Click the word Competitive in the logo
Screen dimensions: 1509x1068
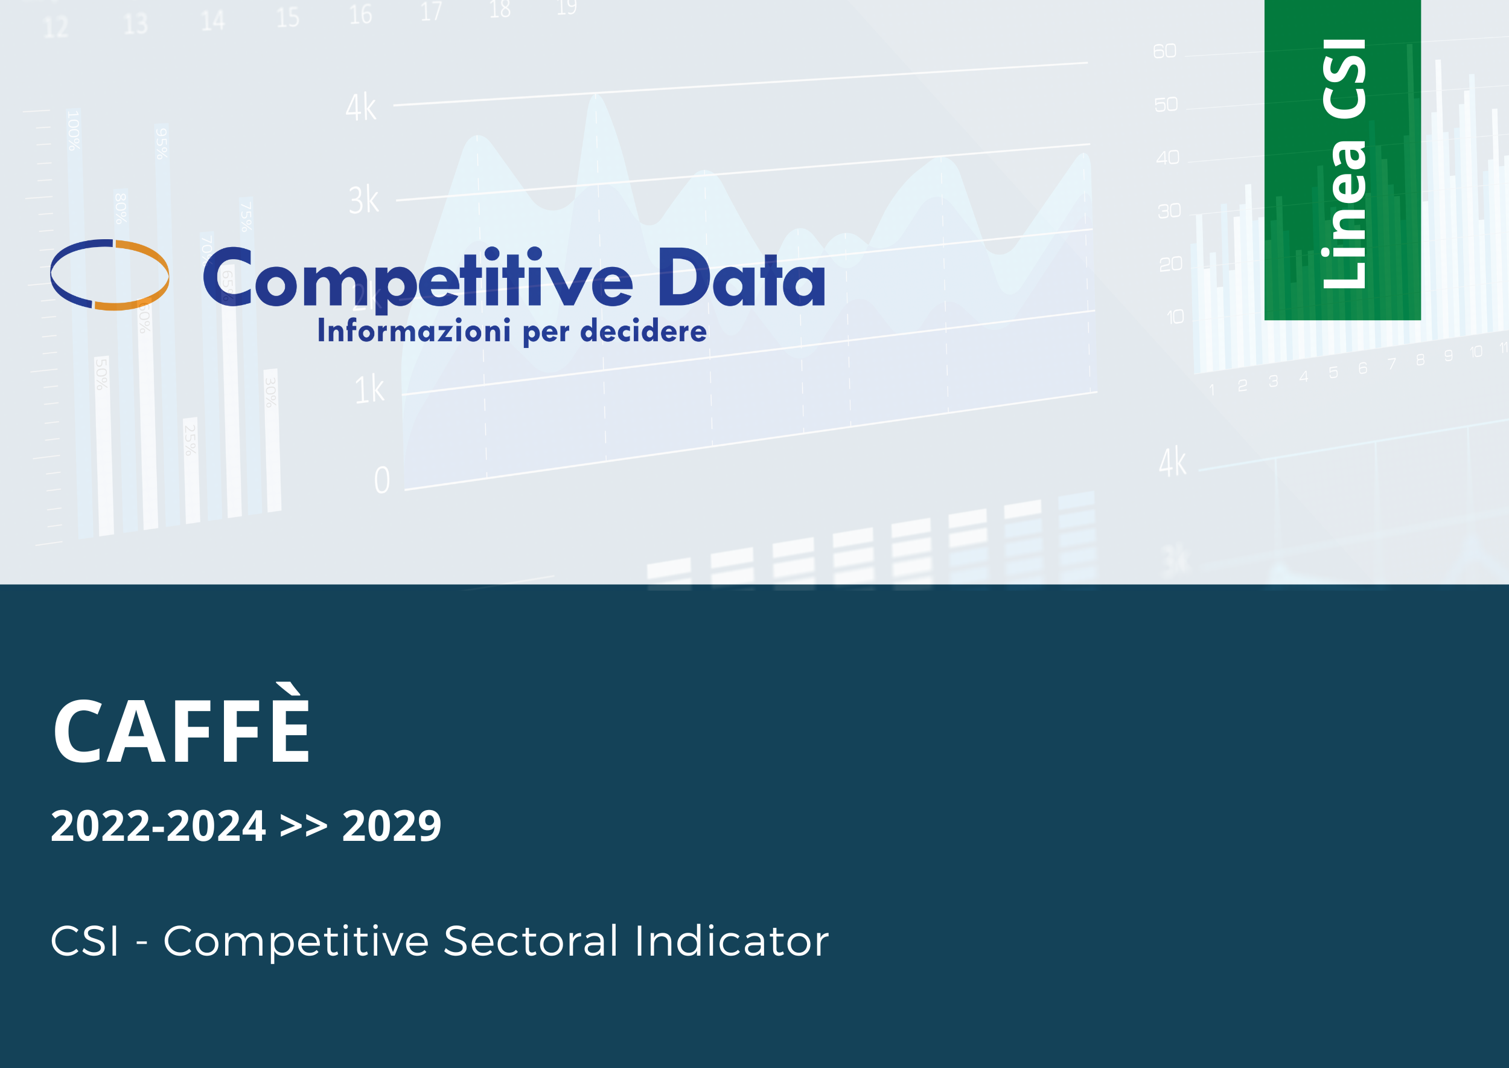pos(418,280)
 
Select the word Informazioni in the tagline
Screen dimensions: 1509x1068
pos(414,330)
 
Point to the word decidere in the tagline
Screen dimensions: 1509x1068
pos(643,331)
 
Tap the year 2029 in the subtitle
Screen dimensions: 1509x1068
pos(392,826)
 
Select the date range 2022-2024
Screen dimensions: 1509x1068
pos(158,826)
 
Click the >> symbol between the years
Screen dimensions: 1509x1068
pos(304,826)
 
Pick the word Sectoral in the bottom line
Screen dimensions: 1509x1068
pos(531,942)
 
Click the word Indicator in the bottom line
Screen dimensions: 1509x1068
pos(732,942)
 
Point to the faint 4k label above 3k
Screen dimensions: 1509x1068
pos(362,107)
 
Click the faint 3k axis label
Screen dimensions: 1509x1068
pos(364,200)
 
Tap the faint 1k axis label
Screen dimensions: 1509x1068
pos(369,390)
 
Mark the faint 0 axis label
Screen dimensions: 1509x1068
pos(382,480)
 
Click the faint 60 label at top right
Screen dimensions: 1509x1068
pos(1164,51)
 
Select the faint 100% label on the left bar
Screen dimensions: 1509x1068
pos(74,130)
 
